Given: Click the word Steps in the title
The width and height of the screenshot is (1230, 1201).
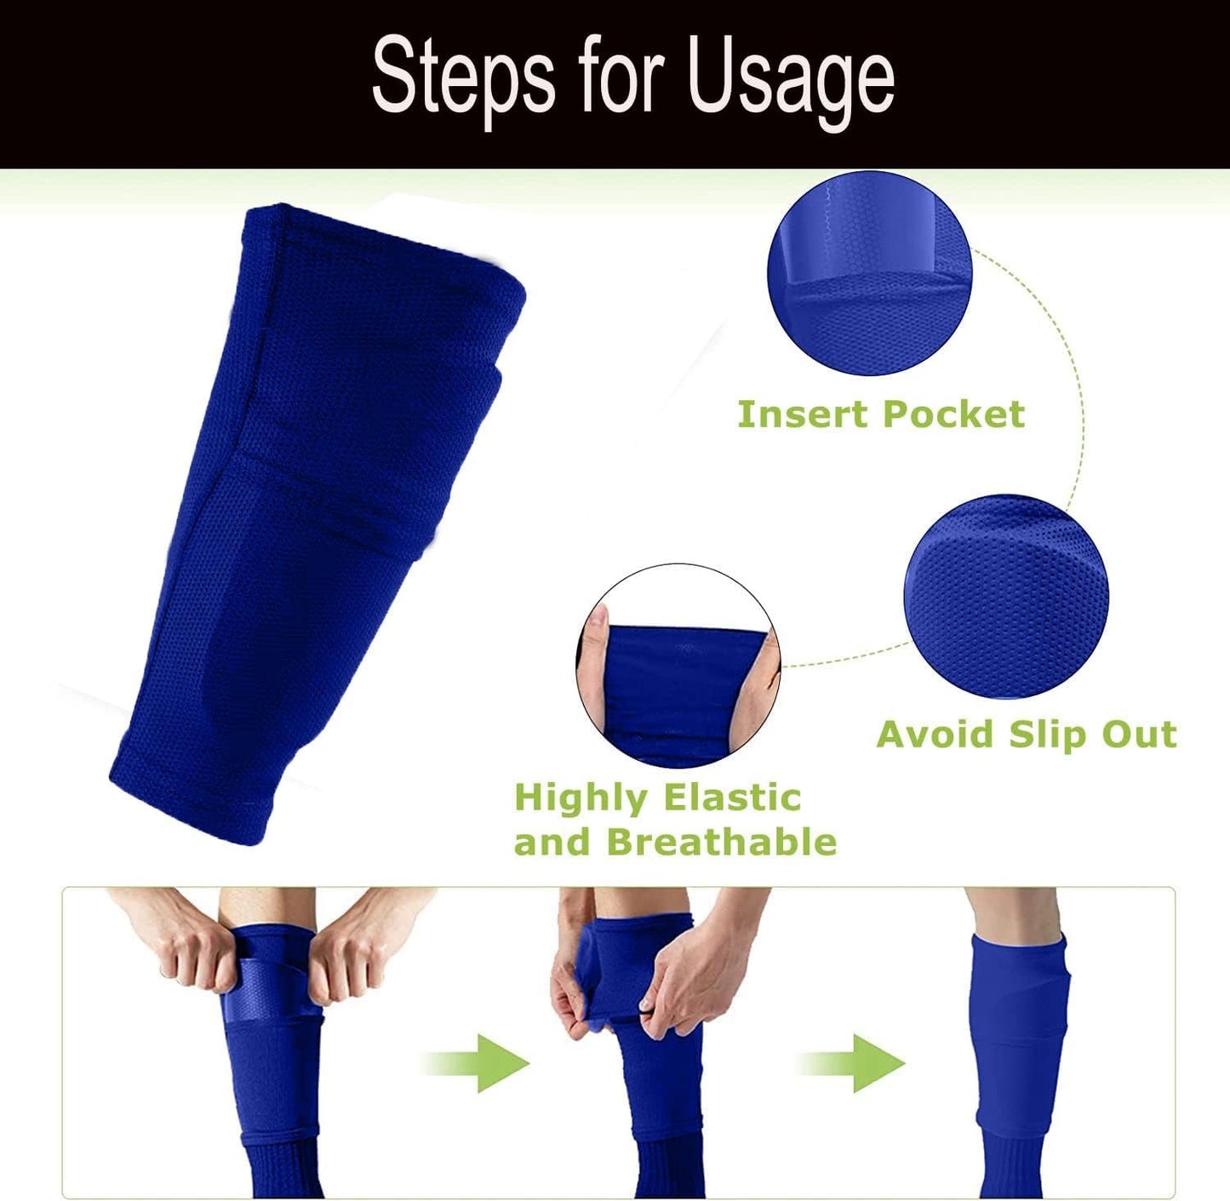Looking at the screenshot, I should click(464, 78).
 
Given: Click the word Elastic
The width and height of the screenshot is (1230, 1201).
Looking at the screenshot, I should click(732, 798).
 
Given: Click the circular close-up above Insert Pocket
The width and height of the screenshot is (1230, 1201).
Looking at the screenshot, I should click(869, 273).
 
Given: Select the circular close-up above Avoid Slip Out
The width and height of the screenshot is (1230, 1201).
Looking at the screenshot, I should click(1006, 596).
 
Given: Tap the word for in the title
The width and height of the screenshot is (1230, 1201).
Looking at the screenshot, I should click(621, 78).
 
